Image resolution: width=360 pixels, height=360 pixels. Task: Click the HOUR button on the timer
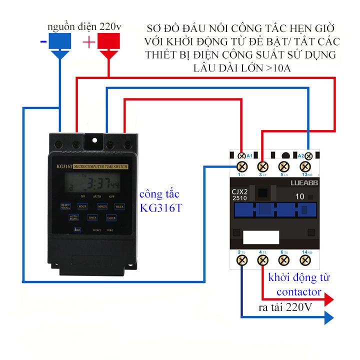tap(82, 205)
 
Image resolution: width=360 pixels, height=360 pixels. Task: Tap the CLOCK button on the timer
tap(111, 218)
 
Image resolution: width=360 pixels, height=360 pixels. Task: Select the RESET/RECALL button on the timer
tap(65, 205)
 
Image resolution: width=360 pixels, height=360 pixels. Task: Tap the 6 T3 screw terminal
tap(284, 260)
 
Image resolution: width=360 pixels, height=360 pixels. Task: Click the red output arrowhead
tap(328, 300)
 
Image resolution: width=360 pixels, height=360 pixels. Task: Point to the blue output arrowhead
tap(328, 317)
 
